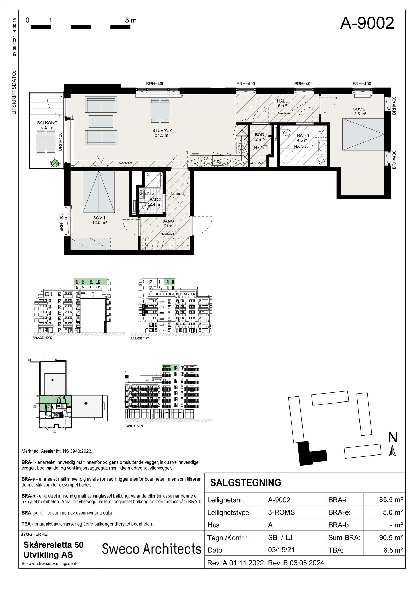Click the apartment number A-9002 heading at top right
[x=367, y=23]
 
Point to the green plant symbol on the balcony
[x=55, y=163]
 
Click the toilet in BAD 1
[x=286, y=133]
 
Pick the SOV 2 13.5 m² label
[x=359, y=111]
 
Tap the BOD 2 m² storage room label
[x=259, y=137]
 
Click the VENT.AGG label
[x=257, y=163]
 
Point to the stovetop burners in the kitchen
[x=241, y=148]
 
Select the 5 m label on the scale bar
[x=131, y=20]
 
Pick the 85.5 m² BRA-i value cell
[x=391, y=500]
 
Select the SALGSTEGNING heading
[x=245, y=483]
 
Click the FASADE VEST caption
[x=135, y=426]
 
